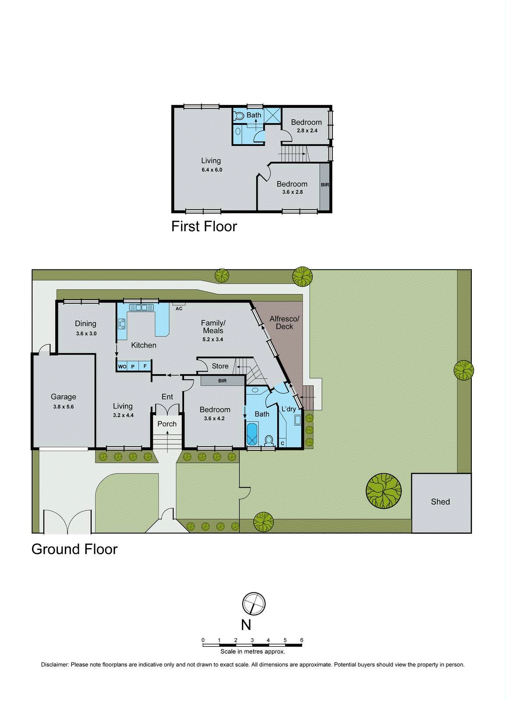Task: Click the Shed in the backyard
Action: click(441, 502)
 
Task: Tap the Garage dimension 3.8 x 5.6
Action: click(64, 407)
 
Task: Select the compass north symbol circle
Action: click(254, 604)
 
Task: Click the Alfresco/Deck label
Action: click(284, 322)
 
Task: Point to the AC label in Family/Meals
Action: click(179, 308)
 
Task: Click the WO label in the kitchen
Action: click(122, 367)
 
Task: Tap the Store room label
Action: click(220, 366)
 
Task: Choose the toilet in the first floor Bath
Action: click(238, 116)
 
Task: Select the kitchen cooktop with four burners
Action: click(122, 324)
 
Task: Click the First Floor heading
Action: click(204, 227)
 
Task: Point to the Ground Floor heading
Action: click(74, 549)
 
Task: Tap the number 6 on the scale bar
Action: click(301, 640)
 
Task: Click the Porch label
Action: click(167, 424)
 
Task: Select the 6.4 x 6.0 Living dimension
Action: click(212, 170)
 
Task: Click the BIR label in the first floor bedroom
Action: click(325, 185)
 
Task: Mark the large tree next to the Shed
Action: click(383, 491)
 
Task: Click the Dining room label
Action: click(85, 323)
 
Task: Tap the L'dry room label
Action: click(289, 409)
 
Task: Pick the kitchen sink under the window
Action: click(141, 308)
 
